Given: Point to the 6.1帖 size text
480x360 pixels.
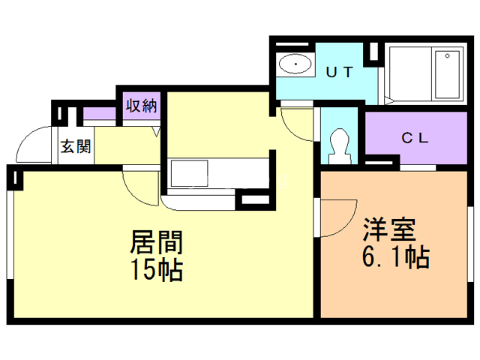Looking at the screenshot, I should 395,257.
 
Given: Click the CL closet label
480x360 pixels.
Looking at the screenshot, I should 414,138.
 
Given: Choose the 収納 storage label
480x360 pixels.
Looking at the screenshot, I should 141,106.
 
